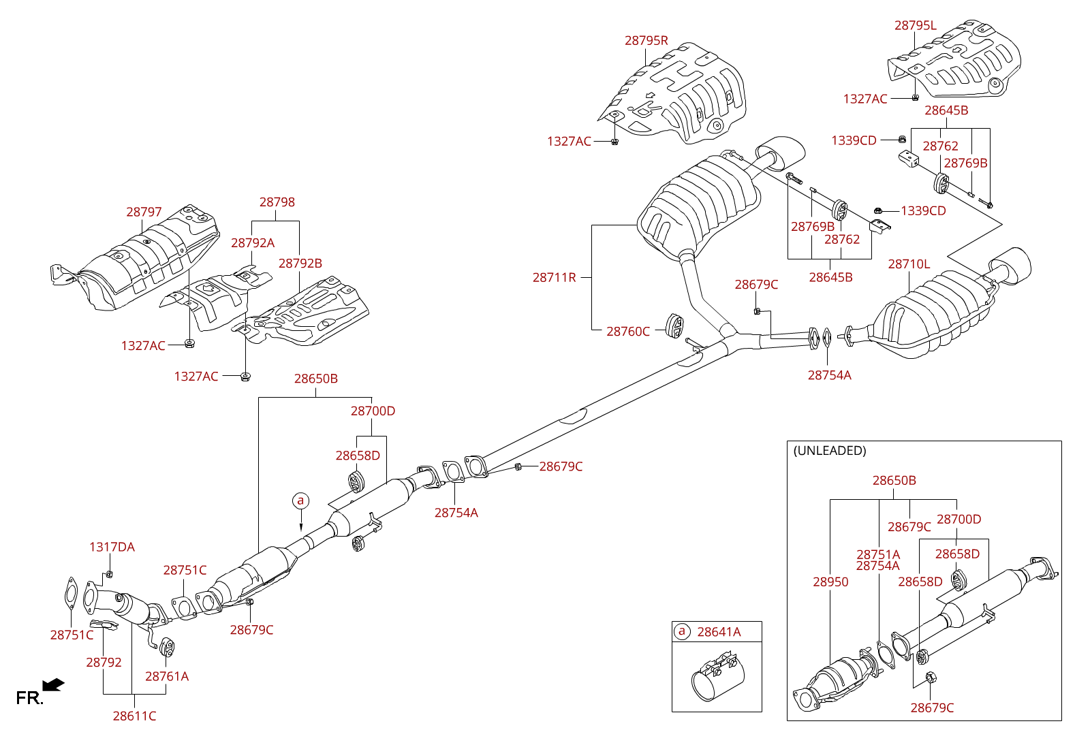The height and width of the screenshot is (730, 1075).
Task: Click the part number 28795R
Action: click(x=646, y=41)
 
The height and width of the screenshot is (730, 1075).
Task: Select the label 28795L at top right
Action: click(x=915, y=26)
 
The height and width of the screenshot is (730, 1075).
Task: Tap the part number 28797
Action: click(x=144, y=212)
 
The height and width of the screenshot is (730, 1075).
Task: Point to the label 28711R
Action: click(x=554, y=278)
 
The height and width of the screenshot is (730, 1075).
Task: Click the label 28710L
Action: click(x=908, y=264)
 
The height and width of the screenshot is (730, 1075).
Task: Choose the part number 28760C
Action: click(x=627, y=332)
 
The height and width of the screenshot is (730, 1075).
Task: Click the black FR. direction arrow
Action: click(x=53, y=684)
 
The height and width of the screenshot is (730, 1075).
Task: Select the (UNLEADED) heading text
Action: click(x=830, y=451)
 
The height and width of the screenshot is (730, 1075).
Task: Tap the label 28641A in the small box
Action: click(x=719, y=632)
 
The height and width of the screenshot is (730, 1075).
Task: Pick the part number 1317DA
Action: click(x=112, y=547)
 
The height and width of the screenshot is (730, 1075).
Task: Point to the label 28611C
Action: click(x=134, y=716)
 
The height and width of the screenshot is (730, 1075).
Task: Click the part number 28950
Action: click(x=830, y=582)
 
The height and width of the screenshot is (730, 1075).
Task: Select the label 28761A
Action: click(x=167, y=677)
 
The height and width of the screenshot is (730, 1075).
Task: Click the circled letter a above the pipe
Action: click(x=300, y=501)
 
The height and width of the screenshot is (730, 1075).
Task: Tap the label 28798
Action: click(x=277, y=202)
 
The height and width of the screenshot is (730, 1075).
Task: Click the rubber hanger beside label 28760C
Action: click(x=674, y=326)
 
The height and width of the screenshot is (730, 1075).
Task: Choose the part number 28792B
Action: click(x=300, y=264)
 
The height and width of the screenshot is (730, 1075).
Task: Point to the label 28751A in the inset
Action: click(x=878, y=554)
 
